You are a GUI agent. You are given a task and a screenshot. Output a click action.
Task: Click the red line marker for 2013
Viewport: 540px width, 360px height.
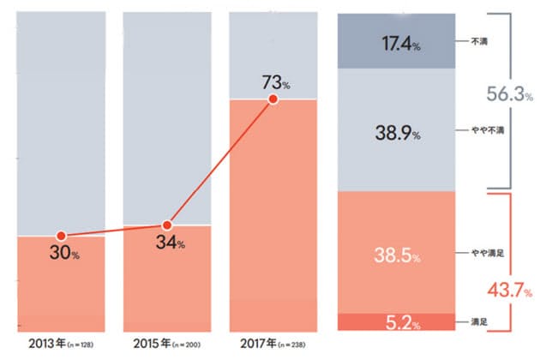(x=61, y=236)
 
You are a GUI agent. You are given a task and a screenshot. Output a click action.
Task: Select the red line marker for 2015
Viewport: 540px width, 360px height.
(x=167, y=225)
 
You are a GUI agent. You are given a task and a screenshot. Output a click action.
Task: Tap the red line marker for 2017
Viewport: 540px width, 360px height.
(x=273, y=99)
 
